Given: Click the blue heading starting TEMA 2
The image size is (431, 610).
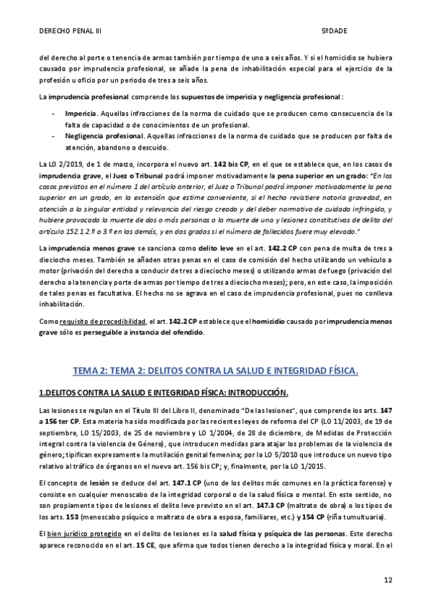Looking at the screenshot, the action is (215, 370).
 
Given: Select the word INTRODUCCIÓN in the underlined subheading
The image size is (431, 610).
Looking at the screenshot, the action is (250, 392).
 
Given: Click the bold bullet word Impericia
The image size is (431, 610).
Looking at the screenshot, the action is (81, 114).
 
